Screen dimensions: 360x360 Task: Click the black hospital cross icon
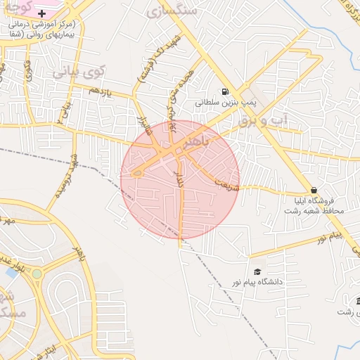pos(42,13)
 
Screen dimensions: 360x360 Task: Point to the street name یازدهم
pos(101,91)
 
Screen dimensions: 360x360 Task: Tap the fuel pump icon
pos(224,91)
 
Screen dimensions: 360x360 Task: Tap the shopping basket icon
pos(314,190)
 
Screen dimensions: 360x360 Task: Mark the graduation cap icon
pos(257,271)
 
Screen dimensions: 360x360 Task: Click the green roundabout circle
pos(37,273)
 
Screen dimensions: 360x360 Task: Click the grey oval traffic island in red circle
pos(138,172)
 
